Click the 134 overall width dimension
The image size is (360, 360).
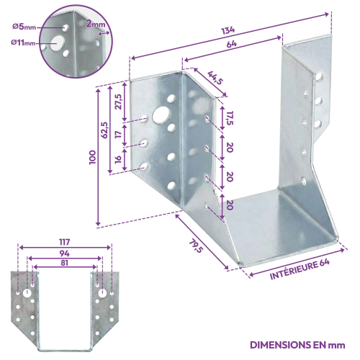pyautogui.click(x=228, y=30)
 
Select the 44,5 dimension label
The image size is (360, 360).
pyautogui.click(x=215, y=78)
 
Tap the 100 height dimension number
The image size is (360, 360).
pyautogui.click(x=92, y=157)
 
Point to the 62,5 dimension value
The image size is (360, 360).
pyautogui.click(x=104, y=130)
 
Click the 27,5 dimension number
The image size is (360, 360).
pyautogui.click(x=119, y=102)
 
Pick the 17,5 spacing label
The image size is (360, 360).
pyautogui.click(x=230, y=118)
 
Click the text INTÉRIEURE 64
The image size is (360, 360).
pyautogui.click(x=300, y=269)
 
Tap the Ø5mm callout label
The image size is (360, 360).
pyautogui.click(x=24, y=27)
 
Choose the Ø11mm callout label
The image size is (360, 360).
pyautogui.click(x=23, y=43)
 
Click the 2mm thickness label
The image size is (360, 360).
pyautogui.click(x=96, y=24)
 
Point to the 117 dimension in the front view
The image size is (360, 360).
pyautogui.click(x=65, y=242)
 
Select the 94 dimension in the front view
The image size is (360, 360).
pyautogui.click(x=65, y=253)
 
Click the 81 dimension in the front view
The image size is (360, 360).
pyautogui.click(x=64, y=263)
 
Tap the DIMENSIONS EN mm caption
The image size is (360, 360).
pyautogui.click(x=297, y=345)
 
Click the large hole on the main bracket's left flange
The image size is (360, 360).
pyautogui.click(x=161, y=114)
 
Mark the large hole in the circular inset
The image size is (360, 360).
pyautogui.click(x=57, y=42)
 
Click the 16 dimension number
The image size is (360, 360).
pyautogui.click(x=118, y=159)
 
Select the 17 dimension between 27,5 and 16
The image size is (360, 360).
pyautogui.click(x=118, y=134)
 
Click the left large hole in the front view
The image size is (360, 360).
pyautogui.click(x=27, y=293)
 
